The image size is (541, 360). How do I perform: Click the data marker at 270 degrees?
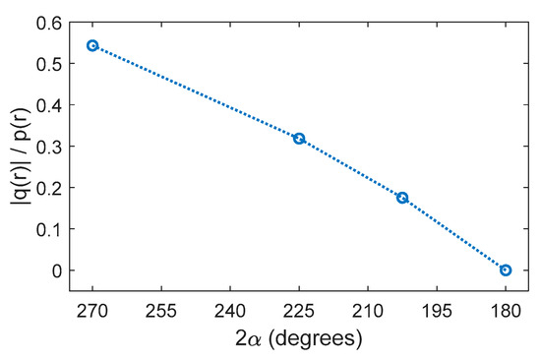[x=92, y=45]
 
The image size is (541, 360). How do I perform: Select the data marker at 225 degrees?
[x=299, y=139]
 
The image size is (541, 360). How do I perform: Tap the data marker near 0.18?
[x=402, y=198]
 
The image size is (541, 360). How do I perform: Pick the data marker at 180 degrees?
[x=506, y=270]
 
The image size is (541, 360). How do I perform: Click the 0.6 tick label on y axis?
[x=45, y=22]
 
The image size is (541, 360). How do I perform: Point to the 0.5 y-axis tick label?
[x=45, y=63]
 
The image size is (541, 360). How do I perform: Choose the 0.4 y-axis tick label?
[x=45, y=104]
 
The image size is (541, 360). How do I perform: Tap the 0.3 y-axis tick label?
[x=45, y=146]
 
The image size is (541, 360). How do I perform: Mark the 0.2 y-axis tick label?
[x=45, y=187]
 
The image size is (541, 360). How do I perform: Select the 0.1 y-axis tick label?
[x=45, y=228]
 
